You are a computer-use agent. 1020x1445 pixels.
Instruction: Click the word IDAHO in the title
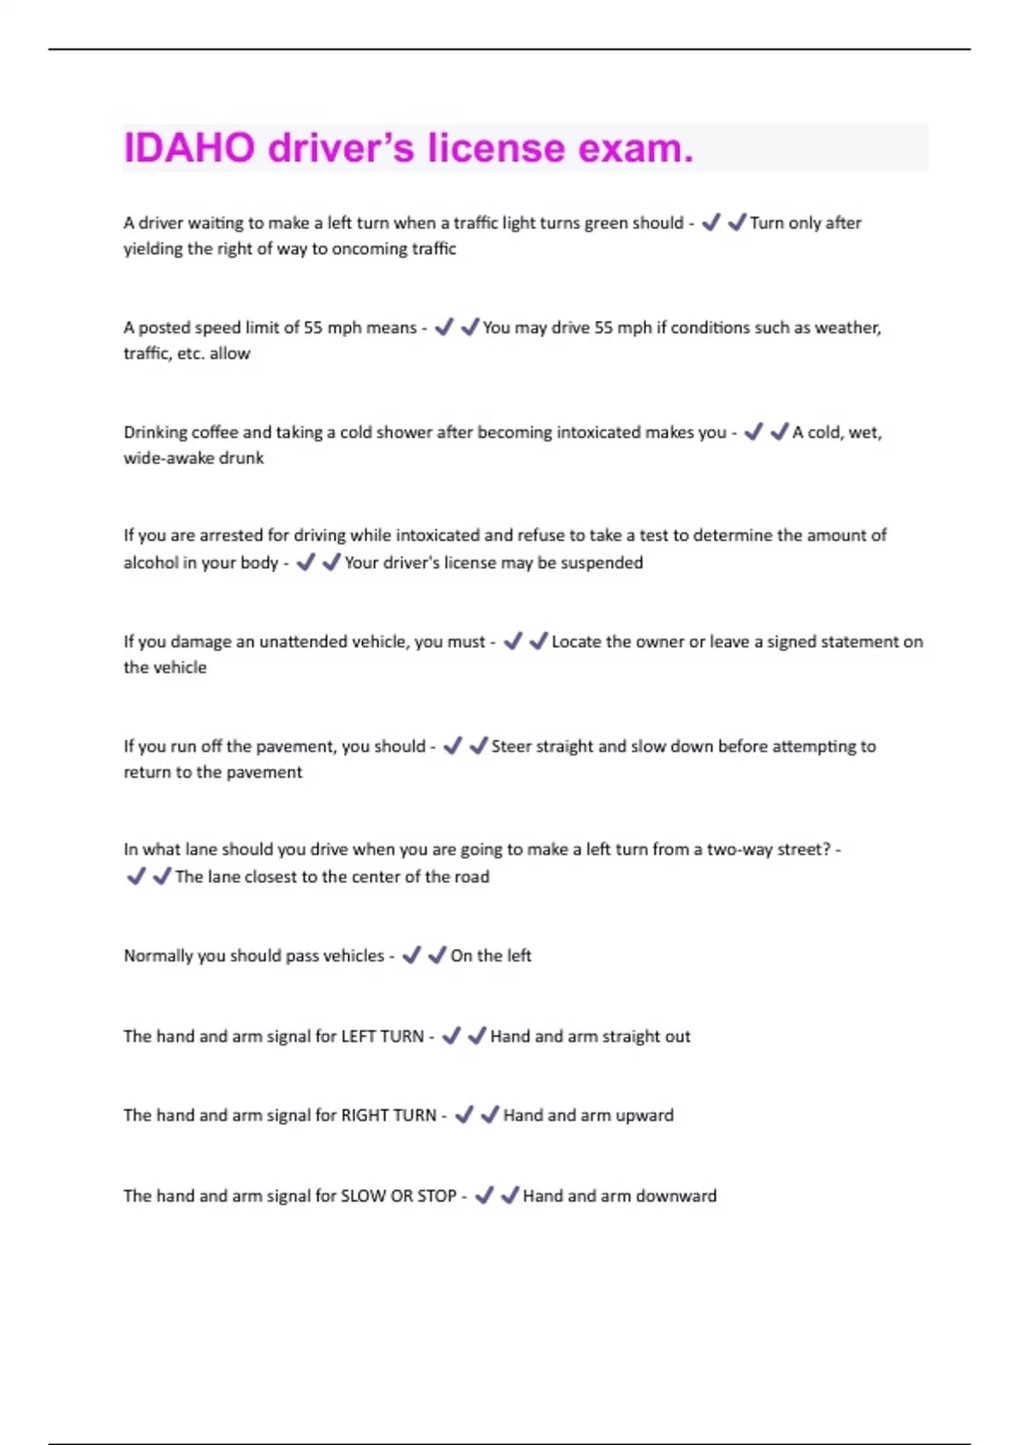click(x=190, y=148)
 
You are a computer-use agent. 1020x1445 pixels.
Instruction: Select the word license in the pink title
click(x=496, y=148)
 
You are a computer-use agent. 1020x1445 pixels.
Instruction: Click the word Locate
click(x=580, y=642)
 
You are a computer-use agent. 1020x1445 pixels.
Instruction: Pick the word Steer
click(x=511, y=746)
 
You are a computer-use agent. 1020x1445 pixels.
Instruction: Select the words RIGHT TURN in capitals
click(x=388, y=1115)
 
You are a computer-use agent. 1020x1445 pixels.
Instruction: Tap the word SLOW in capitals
click(x=363, y=1196)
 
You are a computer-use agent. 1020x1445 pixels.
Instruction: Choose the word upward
click(x=643, y=1115)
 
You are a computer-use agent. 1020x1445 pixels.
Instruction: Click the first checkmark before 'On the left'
click(x=411, y=955)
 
